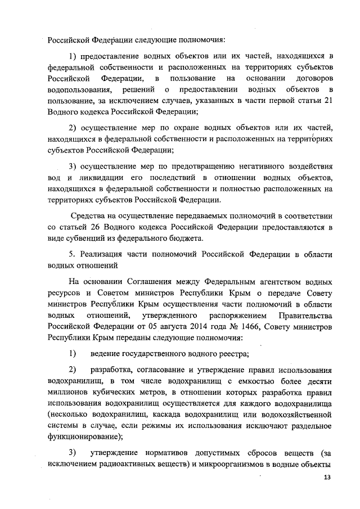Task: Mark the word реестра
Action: tap(232, 354)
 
